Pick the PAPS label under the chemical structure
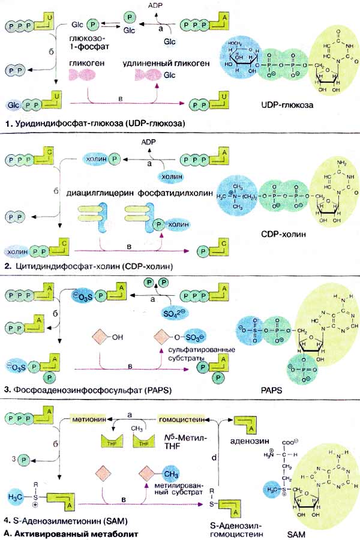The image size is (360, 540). click(286, 388)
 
